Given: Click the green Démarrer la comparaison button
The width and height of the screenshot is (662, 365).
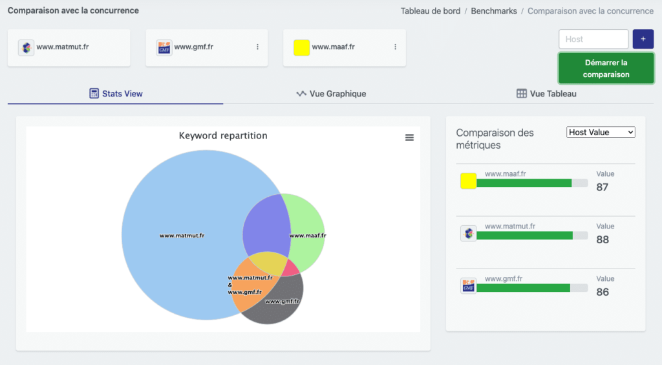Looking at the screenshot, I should tap(606, 69).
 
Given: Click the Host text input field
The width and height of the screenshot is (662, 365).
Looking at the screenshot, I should tap(593, 39).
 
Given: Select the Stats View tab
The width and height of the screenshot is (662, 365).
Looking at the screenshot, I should tap(116, 94).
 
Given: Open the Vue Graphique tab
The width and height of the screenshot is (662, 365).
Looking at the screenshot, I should tap(331, 94).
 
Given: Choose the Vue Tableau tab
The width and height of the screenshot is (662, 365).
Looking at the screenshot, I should tap(546, 94).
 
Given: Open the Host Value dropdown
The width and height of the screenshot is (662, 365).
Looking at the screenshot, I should tap(601, 132).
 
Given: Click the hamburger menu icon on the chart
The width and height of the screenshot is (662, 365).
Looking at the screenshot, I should tap(409, 137).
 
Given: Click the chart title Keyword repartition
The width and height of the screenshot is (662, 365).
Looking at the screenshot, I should tap(223, 136).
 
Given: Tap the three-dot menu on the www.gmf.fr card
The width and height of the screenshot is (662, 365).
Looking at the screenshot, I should tap(257, 47).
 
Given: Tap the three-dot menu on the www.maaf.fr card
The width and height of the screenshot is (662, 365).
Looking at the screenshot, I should tap(395, 47).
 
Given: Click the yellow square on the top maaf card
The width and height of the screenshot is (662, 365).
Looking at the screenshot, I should tap(301, 47).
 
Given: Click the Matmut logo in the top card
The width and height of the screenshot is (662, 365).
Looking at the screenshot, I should tap(26, 47).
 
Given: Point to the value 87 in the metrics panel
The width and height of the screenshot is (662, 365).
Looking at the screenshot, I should tap(603, 188).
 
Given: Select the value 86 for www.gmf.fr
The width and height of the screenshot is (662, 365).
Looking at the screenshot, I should tap(603, 292).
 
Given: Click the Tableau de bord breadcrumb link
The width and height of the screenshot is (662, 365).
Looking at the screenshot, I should tap(430, 11).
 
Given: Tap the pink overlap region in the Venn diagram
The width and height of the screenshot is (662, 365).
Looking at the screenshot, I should tap(290, 268).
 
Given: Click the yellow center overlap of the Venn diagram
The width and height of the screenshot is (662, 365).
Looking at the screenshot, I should tap(267, 262).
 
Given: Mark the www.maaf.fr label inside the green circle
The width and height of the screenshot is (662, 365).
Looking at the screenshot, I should tap(308, 236).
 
